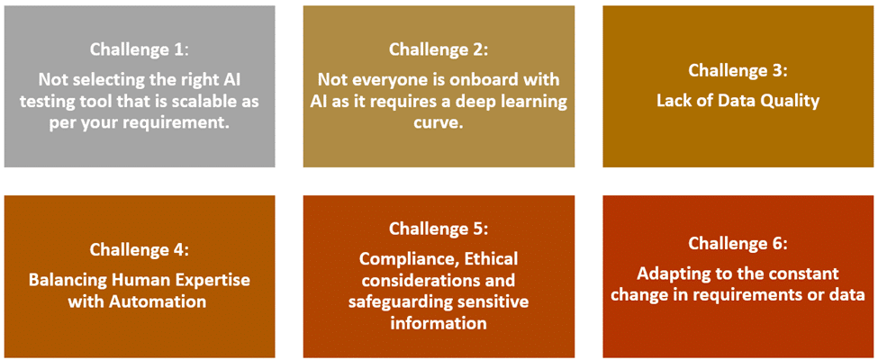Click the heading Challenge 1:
[x=140, y=49]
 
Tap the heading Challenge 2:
[x=439, y=49]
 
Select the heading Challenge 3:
[x=738, y=70]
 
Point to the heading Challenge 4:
[x=140, y=249]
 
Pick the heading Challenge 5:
[x=439, y=229]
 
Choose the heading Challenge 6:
[x=738, y=244]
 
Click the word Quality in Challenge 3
[x=790, y=102]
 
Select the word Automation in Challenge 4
[x=158, y=301]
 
